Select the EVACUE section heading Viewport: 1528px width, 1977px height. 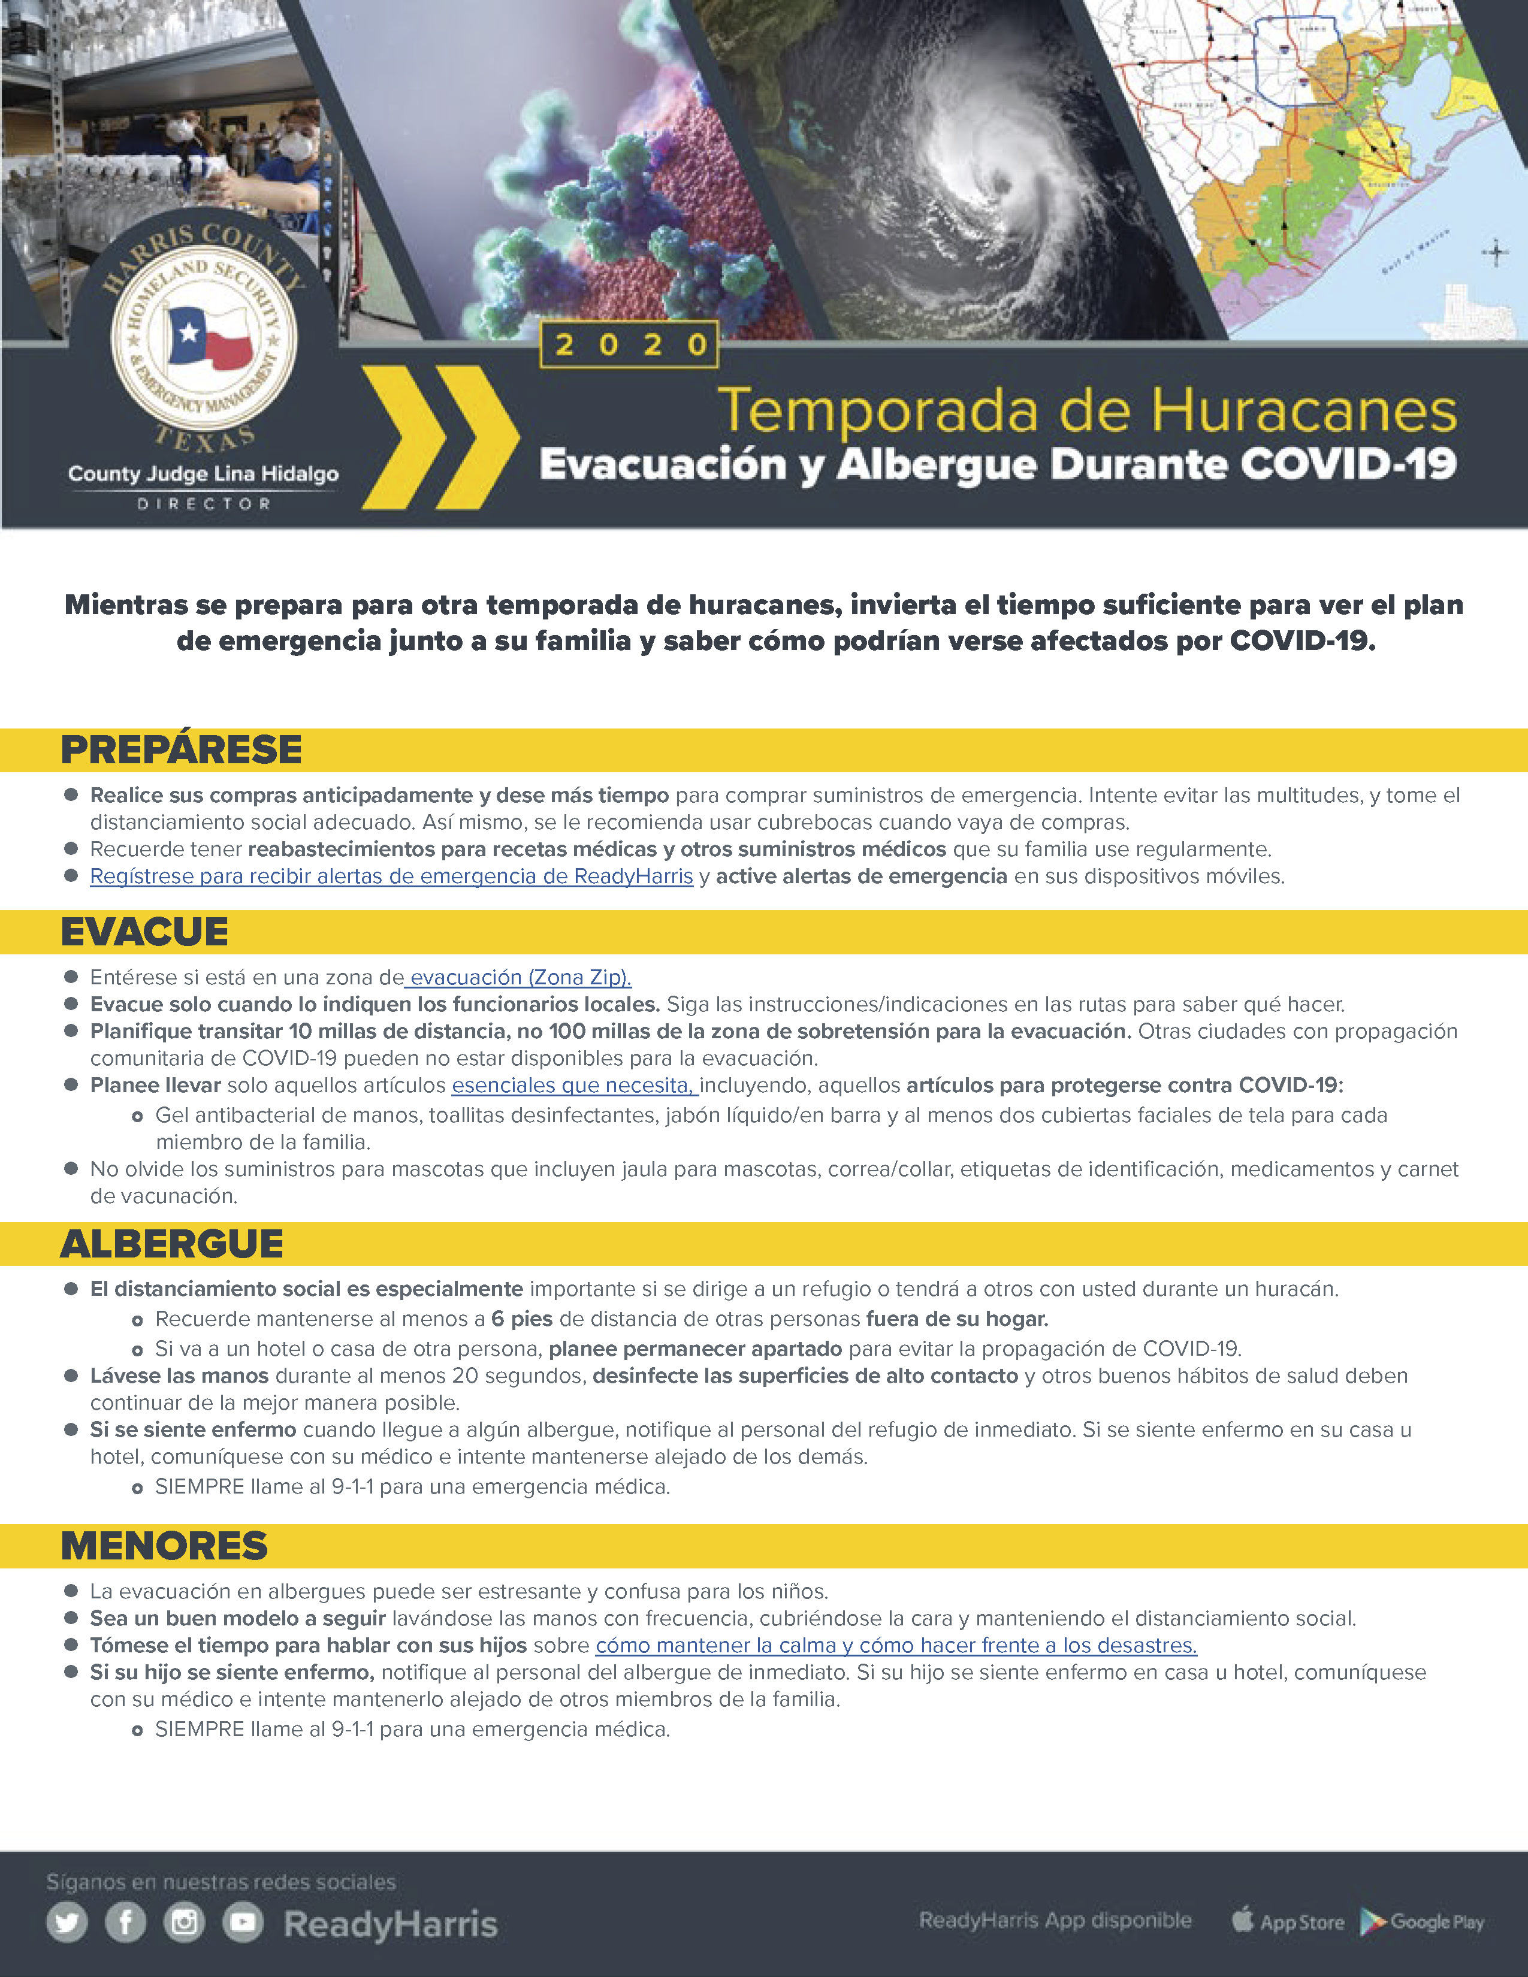145,932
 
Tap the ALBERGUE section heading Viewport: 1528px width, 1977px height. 172,1244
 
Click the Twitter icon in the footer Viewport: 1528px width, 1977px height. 67,1922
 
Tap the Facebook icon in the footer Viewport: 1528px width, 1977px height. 126,1922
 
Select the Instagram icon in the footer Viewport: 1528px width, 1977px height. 185,1922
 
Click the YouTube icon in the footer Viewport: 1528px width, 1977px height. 243,1922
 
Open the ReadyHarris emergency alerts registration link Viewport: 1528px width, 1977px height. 391,876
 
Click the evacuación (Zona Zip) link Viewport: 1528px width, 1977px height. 519,978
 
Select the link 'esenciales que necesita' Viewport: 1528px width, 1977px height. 574,1086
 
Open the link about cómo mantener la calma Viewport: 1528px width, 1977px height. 896,1646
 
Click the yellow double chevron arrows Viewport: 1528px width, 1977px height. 441,437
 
